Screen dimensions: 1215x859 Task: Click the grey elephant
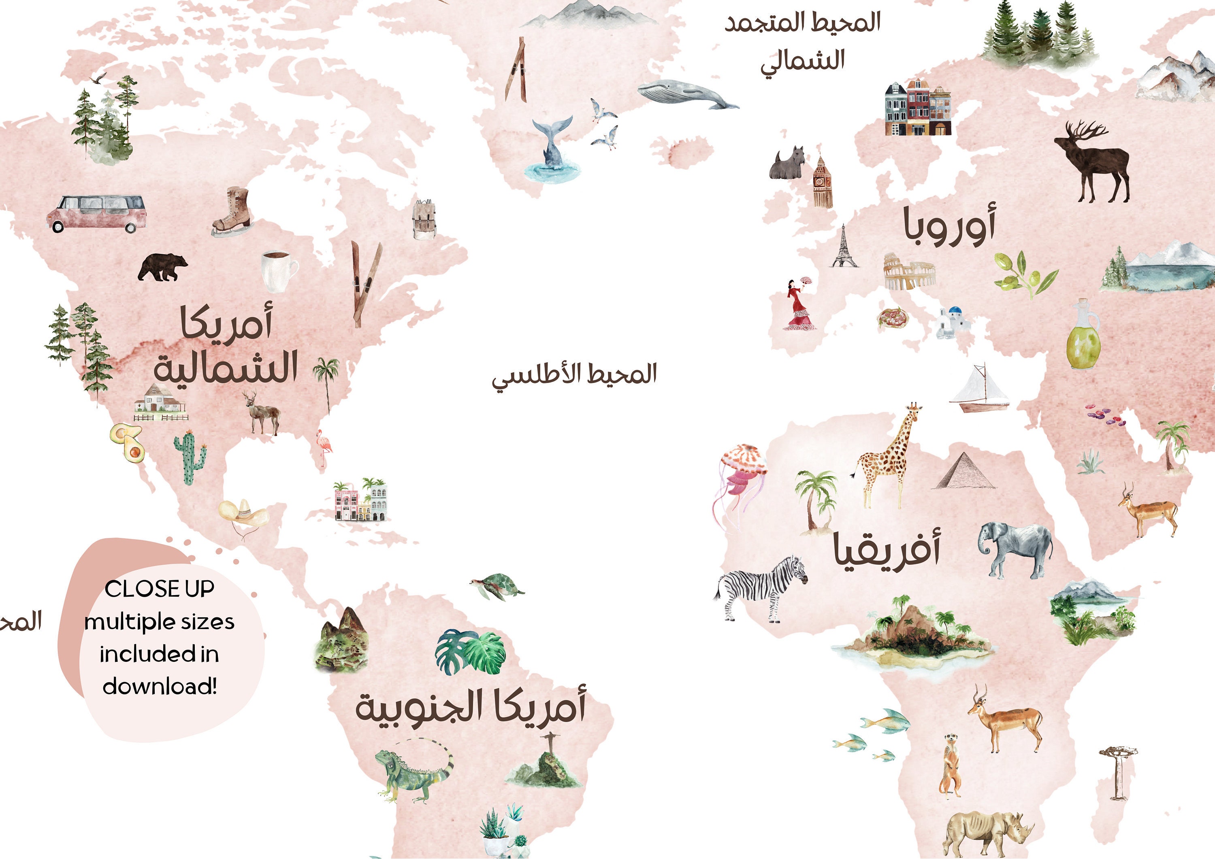click(x=1015, y=550)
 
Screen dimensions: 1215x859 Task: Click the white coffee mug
click(x=277, y=270)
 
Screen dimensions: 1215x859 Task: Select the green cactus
click(x=189, y=457)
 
